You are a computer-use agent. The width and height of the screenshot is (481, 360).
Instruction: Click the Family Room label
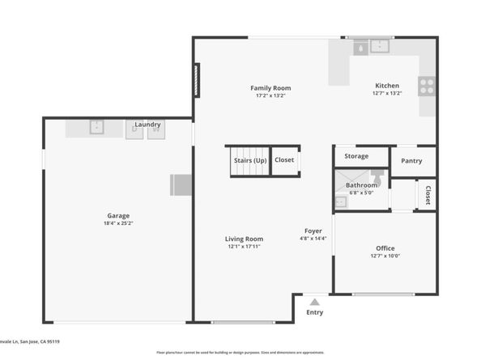click(270, 88)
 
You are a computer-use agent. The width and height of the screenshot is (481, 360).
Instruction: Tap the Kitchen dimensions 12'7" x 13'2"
click(386, 94)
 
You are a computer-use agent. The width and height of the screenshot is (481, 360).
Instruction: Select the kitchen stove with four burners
click(426, 85)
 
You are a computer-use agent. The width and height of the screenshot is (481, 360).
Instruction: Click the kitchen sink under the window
click(379, 47)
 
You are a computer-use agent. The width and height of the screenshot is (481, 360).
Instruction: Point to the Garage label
click(118, 216)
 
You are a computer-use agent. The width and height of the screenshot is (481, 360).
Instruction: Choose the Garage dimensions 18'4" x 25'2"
click(118, 224)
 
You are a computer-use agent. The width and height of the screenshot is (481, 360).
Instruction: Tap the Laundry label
click(147, 125)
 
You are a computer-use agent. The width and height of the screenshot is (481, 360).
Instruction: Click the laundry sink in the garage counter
click(96, 127)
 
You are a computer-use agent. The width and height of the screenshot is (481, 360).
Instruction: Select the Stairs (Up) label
click(250, 160)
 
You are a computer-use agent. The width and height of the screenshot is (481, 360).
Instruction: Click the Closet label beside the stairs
click(284, 160)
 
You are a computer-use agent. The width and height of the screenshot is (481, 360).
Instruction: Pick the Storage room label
click(356, 156)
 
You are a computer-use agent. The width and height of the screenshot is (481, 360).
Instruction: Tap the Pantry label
click(411, 161)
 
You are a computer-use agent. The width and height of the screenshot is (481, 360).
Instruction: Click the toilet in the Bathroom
click(377, 176)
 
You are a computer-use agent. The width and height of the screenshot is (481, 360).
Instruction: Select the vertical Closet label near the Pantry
click(428, 195)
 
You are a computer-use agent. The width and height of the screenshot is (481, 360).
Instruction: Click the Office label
click(385, 248)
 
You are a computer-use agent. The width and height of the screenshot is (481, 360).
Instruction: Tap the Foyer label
click(313, 231)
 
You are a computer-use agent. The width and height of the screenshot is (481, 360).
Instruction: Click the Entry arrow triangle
click(314, 302)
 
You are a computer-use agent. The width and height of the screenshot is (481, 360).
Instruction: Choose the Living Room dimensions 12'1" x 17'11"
click(244, 247)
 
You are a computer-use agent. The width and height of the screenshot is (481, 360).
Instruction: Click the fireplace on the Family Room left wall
click(195, 80)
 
